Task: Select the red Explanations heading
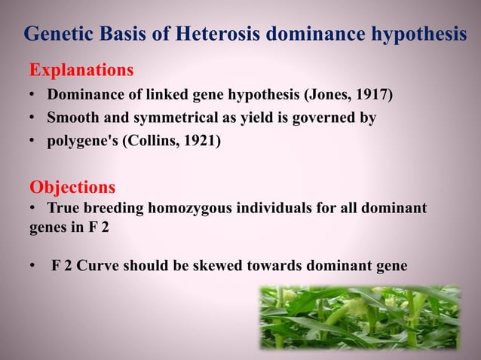[x=81, y=71]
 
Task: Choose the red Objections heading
[x=72, y=187]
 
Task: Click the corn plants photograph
[x=360, y=317]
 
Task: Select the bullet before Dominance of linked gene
[x=34, y=96]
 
